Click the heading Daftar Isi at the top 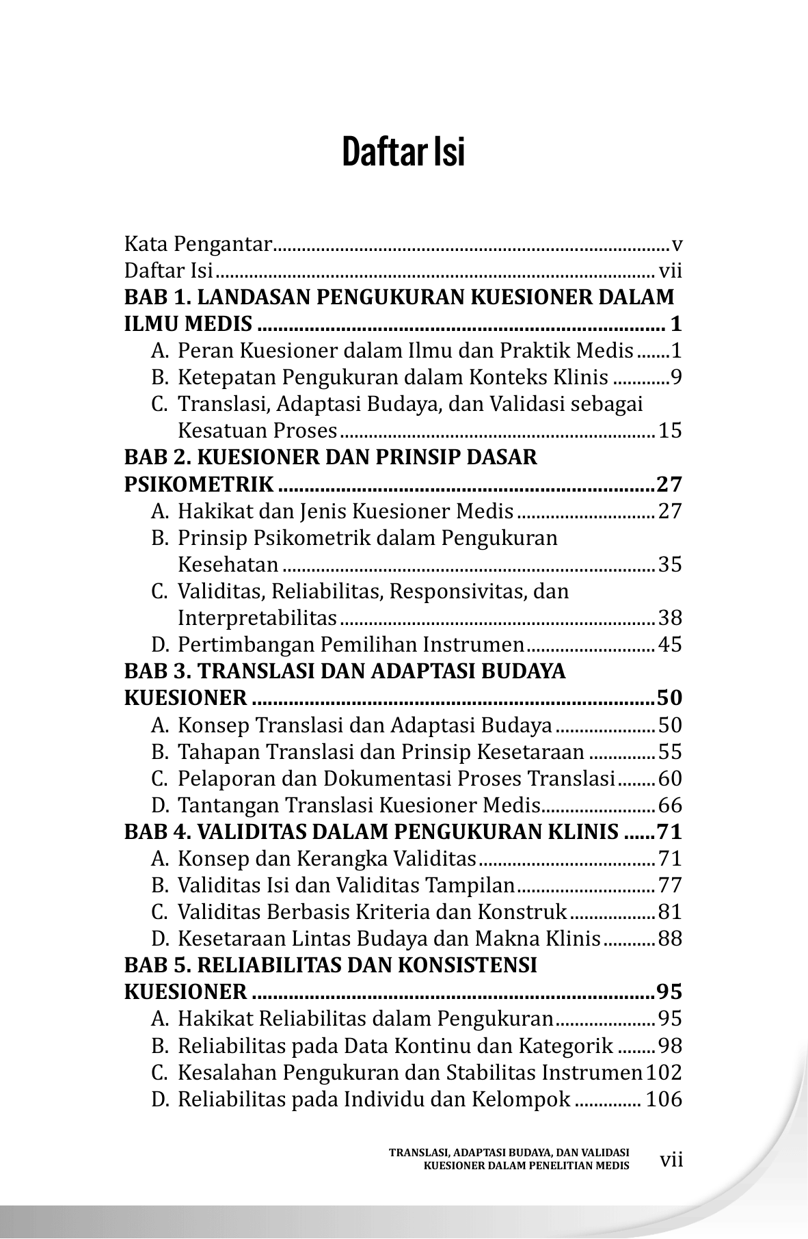pyautogui.click(x=403, y=152)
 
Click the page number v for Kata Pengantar pyautogui.click(x=677, y=243)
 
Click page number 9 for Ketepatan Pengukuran pyautogui.click(x=676, y=377)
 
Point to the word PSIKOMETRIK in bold pyautogui.click(x=199, y=485)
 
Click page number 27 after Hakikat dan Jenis pyautogui.click(x=670, y=511)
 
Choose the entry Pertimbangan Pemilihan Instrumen pyautogui.click(x=350, y=645)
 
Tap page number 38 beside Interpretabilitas pyautogui.click(x=670, y=618)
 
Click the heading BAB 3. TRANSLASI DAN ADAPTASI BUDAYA pyautogui.click(x=345, y=671)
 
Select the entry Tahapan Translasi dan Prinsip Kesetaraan pyautogui.click(x=381, y=752)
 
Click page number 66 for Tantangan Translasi pyautogui.click(x=670, y=805)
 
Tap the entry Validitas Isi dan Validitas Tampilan pyautogui.click(x=345, y=885)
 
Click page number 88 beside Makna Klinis pyautogui.click(x=670, y=939)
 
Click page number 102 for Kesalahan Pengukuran pyautogui.click(x=664, y=1073)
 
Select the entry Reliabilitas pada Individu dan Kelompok pyautogui.click(x=374, y=1100)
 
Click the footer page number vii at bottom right pyautogui.click(x=672, y=1160)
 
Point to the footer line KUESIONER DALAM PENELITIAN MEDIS pyautogui.click(x=526, y=1166)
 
